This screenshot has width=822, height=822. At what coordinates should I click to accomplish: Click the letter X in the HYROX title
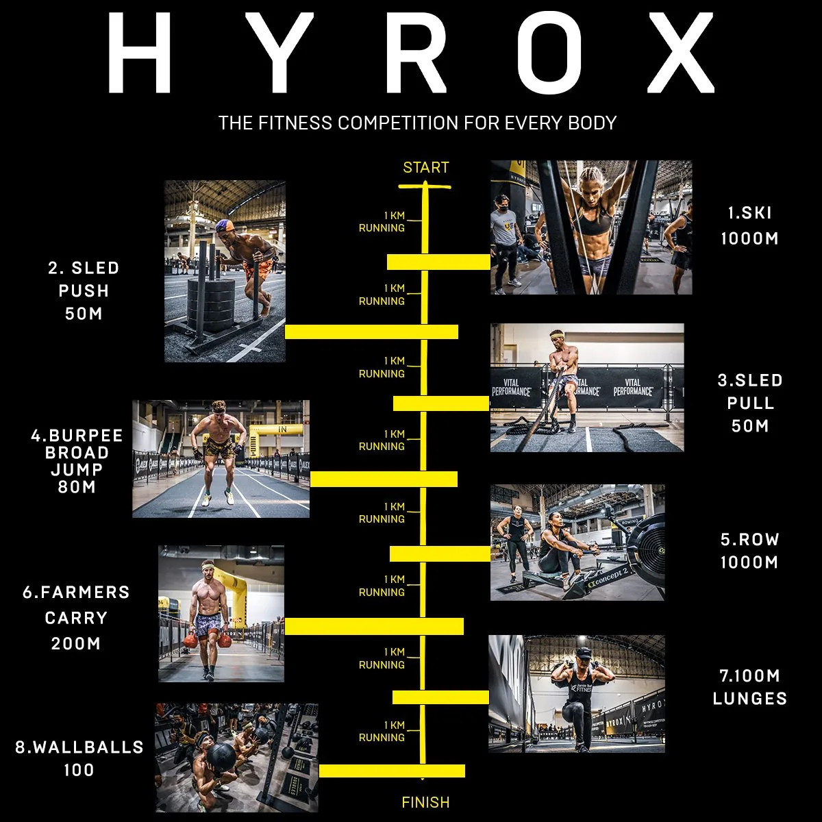675,53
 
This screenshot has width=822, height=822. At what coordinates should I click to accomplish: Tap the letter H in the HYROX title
139,53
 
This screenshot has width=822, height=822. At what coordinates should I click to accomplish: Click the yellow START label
425,168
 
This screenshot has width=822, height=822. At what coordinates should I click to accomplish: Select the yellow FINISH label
425,802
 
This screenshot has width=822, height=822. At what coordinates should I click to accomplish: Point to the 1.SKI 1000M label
749,225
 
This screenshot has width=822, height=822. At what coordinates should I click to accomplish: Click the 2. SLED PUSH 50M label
84,290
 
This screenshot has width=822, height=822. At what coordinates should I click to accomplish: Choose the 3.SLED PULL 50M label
749,403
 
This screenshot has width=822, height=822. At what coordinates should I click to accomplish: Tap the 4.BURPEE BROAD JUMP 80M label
77,461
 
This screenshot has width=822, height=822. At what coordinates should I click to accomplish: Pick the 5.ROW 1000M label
749,551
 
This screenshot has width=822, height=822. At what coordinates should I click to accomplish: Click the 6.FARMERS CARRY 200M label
76,618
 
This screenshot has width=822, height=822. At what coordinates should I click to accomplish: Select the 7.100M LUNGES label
749,687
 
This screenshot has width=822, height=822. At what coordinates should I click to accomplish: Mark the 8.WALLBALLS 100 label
79,758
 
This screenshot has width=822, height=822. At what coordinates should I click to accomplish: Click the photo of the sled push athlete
225,271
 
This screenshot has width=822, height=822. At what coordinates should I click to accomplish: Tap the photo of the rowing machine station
577,543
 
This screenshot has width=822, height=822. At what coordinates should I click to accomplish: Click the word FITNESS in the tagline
295,123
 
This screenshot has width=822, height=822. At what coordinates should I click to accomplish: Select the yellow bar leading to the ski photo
438,262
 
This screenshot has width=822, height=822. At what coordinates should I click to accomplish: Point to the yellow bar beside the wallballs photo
392,771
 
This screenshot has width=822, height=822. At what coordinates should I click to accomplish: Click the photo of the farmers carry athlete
221,613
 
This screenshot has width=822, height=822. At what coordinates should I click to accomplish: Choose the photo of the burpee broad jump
221,458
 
